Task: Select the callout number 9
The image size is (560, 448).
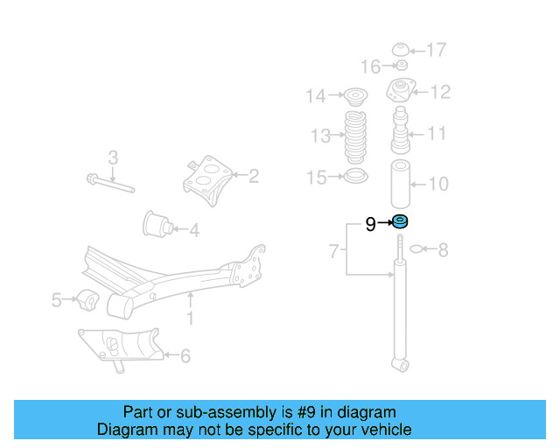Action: tap(371, 225)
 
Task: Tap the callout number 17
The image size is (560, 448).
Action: tap(437, 49)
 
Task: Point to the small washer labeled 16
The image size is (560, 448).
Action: tap(402, 66)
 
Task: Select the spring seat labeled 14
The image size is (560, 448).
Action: tap(355, 95)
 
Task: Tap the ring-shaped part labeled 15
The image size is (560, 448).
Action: tap(354, 178)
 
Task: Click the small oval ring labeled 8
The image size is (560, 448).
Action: tap(417, 249)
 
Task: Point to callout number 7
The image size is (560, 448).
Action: tap(333, 252)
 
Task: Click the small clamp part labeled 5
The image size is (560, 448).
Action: tap(86, 299)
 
